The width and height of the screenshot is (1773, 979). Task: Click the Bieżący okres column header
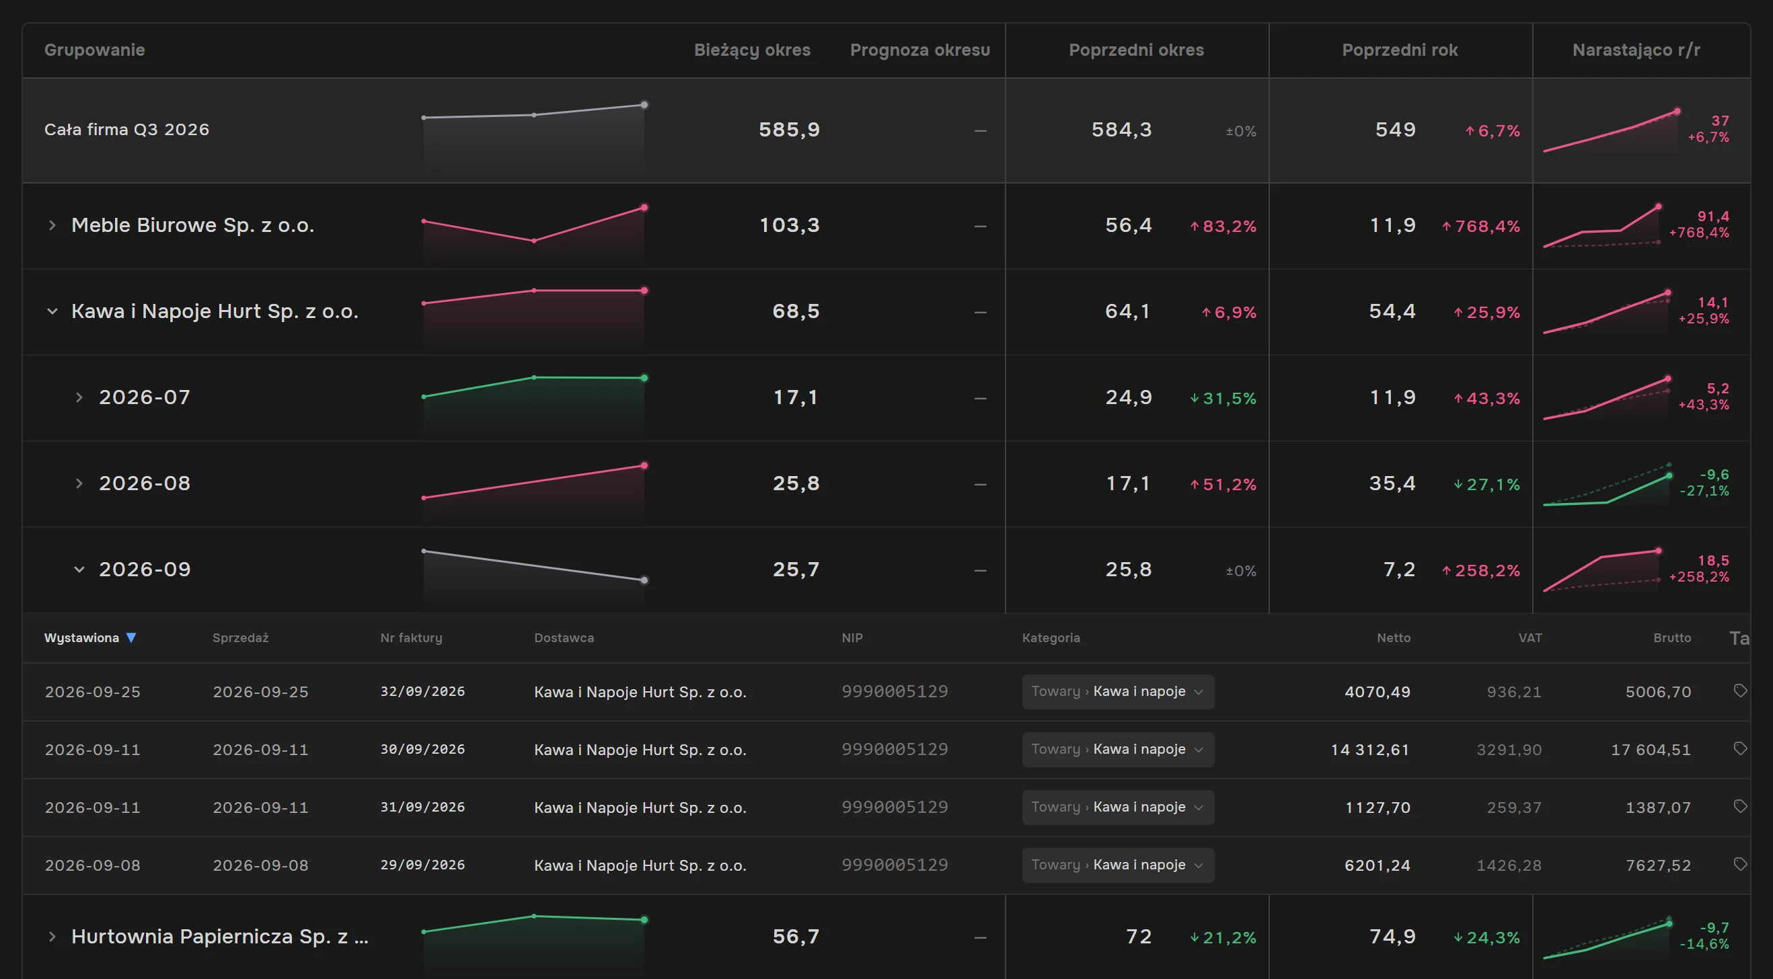(751, 50)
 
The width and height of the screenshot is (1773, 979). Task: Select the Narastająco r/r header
(1636, 50)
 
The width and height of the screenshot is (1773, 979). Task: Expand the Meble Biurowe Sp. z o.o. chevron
(52, 225)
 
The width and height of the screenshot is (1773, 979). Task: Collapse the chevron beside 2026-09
(79, 570)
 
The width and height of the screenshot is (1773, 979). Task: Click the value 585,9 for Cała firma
(789, 130)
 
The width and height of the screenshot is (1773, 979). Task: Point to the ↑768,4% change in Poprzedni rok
(1480, 227)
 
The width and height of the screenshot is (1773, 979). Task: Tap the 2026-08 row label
(145, 483)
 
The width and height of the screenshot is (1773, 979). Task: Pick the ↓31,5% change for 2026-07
(1223, 398)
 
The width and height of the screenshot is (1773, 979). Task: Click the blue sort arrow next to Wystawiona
(130, 637)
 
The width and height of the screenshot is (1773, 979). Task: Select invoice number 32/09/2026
(422, 691)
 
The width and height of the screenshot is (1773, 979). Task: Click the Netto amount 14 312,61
(1369, 749)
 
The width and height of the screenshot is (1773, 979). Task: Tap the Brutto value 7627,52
(1658, 865)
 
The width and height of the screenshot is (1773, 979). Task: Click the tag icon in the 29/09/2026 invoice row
(1740, 864)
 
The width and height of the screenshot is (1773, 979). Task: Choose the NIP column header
(852, 637)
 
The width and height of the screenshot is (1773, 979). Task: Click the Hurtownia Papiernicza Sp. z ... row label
(220, 937)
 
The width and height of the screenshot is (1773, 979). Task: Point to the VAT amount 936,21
(1513, 691)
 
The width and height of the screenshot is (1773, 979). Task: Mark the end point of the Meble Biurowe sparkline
(644, 207)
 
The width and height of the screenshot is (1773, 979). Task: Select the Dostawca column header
(564, 637)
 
